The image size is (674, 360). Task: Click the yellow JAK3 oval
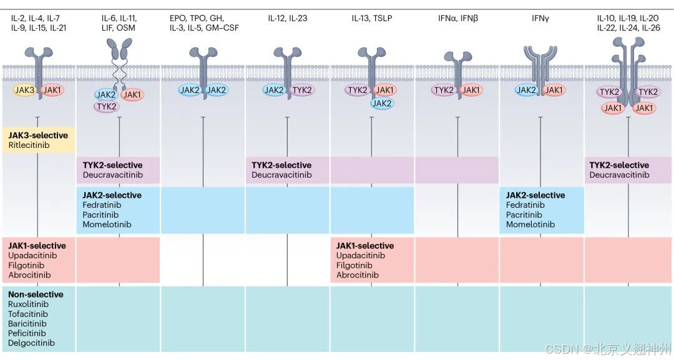(25, 90)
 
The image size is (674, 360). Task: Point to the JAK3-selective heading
(38, 135)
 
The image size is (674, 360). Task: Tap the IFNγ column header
(540, 19)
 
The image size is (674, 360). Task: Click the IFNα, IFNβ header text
(457, 19)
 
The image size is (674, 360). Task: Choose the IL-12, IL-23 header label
(287, 19)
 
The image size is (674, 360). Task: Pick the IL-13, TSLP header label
(372, 19)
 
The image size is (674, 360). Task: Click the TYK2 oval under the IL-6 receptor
(107, 107)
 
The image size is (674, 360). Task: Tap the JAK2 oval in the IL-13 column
(382, 104)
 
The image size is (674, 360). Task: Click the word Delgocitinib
(31, 343)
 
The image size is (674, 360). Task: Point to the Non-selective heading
(36, 294)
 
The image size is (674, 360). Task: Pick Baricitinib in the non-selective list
(27, 324)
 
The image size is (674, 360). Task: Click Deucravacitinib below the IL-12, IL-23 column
(281, 175)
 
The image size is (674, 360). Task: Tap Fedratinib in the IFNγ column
(524, 205)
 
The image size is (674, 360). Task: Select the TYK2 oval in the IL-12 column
(302, 90)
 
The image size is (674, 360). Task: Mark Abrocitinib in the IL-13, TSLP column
(358, 275)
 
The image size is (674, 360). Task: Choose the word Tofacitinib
(28, 314)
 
